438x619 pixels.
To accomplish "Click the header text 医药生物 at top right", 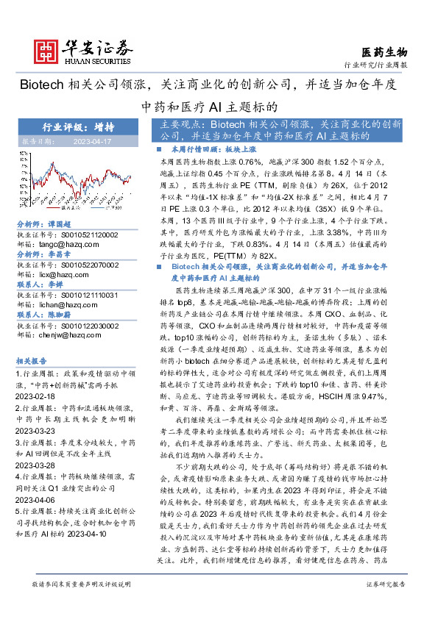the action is (384, 51).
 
